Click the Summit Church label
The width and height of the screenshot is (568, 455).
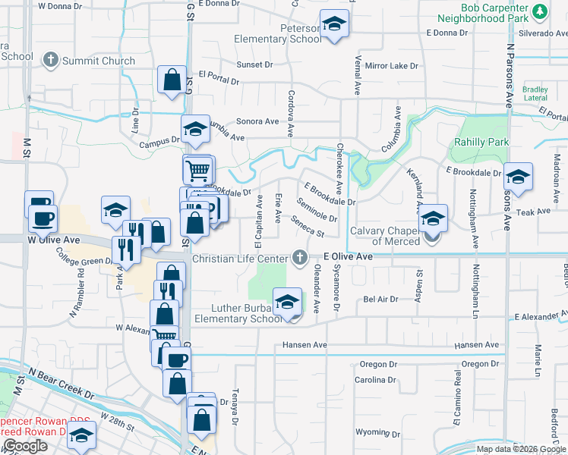pos(99,61)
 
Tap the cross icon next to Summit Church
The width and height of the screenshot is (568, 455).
pos(51,60)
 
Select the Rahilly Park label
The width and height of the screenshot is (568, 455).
pos(481,142)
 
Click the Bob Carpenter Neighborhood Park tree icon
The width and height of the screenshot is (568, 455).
pos(539,11)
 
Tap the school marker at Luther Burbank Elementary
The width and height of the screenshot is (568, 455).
pos(287,305)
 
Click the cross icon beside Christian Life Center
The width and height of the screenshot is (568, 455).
pos(301,258)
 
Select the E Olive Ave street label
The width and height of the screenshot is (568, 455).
pos(348,258)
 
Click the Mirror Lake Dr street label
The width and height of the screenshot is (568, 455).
pos(392,66)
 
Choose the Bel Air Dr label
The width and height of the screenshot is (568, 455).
pos(381,300)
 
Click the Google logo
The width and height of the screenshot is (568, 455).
pos(25,447)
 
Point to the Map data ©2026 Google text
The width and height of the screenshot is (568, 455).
pos(520,449)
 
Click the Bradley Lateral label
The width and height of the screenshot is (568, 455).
pos(535,93)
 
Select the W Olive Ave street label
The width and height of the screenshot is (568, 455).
pos(53,240)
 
